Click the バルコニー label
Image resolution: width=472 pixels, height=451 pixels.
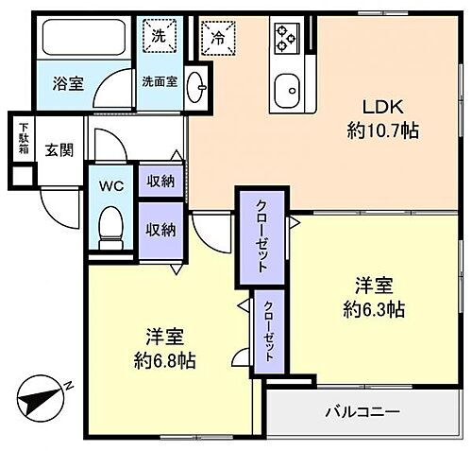click(362, 412)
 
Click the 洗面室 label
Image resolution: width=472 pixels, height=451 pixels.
click(160, 82)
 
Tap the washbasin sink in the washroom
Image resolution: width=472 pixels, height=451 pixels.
click(196, 89)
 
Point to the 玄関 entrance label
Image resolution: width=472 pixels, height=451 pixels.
click(59, 150)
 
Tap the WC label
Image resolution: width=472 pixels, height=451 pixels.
click(112, 187)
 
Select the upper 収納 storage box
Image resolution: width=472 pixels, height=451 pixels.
click(160, 182)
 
